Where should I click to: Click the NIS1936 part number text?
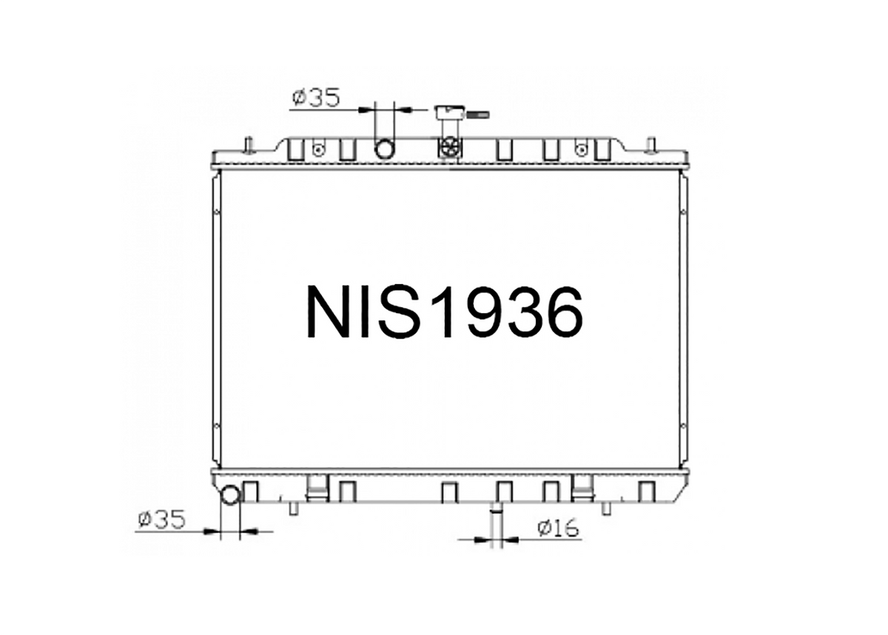(445, 312)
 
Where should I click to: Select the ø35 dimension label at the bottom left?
(161, 520)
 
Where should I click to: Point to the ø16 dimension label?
(558, 528)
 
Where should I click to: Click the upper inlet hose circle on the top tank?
(385, 149)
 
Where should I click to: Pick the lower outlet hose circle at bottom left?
(230, 495)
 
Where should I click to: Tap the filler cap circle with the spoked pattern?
(451, 147)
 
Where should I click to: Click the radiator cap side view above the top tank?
(450, 112)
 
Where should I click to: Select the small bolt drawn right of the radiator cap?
(479, 115)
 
